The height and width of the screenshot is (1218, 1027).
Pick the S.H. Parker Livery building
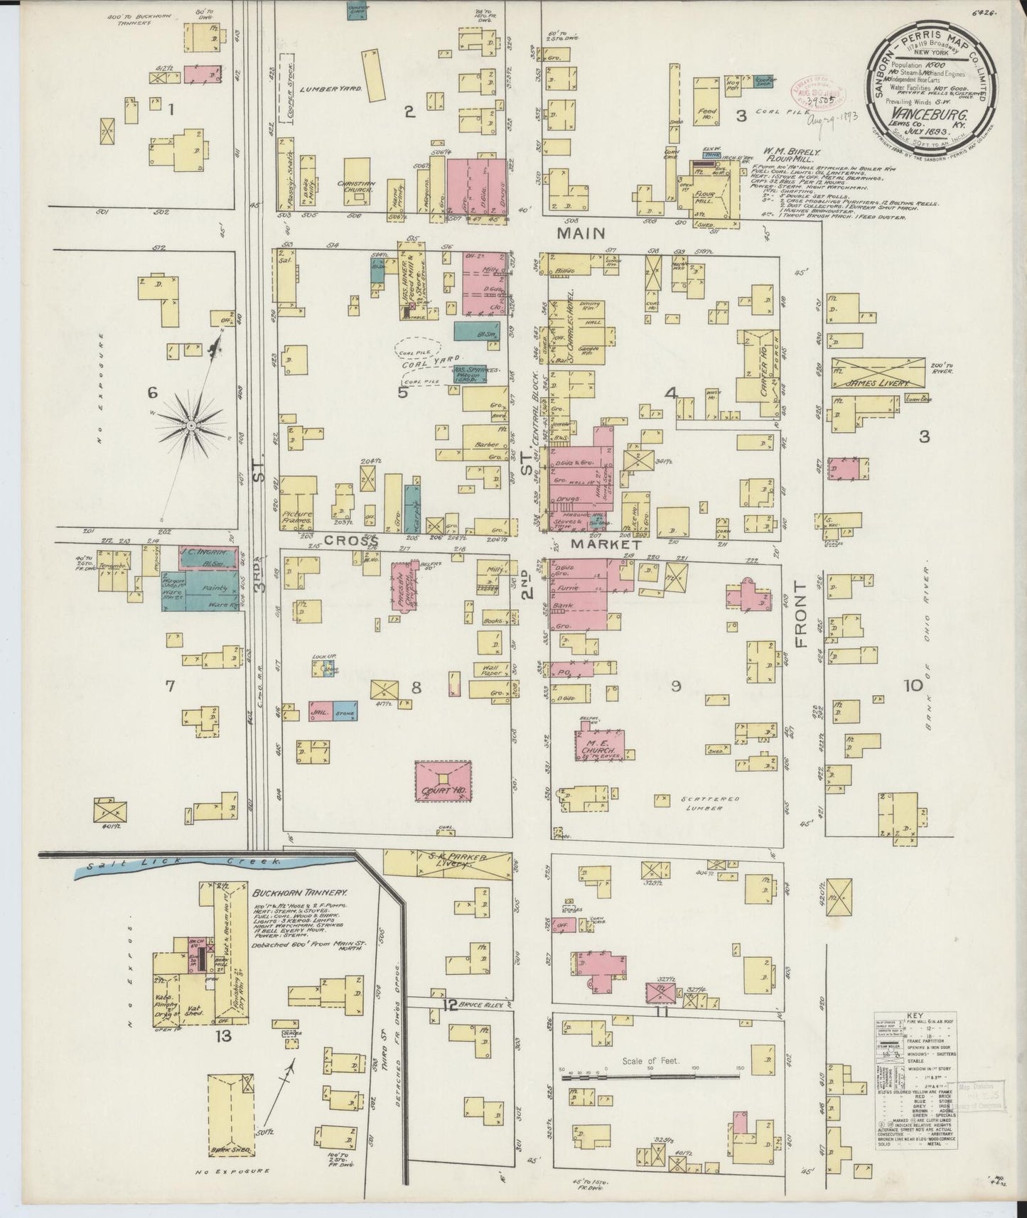[x=448, y=863]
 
